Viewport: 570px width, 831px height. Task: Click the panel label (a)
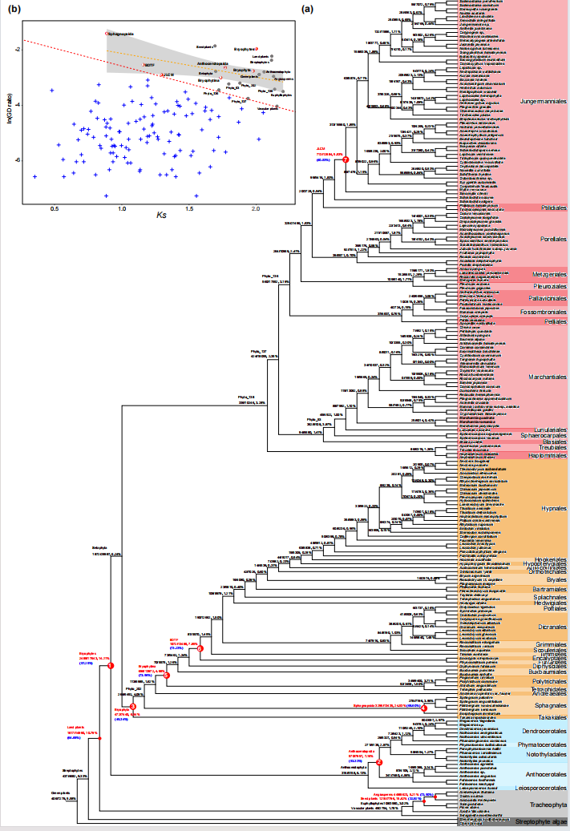(309, 10)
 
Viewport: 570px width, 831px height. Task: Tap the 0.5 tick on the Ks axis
(55, 208)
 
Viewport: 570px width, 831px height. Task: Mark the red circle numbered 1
(111, 666)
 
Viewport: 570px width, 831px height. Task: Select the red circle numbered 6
(202, 648)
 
